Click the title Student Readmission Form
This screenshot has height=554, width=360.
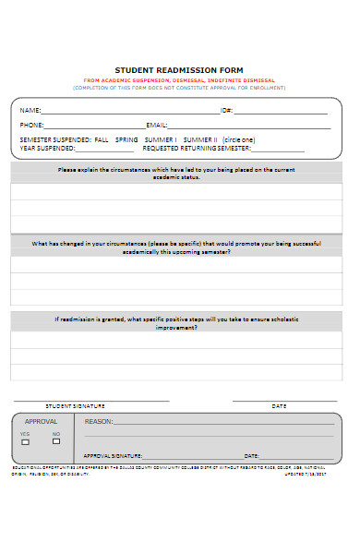tap(179, 69)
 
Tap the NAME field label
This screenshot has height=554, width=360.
tap(30, 110)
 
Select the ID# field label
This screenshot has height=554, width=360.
tap(226, 110)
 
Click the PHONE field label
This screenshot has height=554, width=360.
tap(32, 125)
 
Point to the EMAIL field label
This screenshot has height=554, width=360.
tap(157, 125)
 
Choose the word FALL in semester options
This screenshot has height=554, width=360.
tap(102, 139)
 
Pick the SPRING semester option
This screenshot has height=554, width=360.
tap(126, 139)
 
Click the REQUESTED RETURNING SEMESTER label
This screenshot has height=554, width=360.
tap(197, 148)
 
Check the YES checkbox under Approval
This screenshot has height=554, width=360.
tap(25, 441)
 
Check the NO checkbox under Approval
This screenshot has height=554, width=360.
tap(56, 441)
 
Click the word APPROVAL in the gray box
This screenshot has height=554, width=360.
tap(41, 420)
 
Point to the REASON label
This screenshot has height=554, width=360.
tap(98, 421)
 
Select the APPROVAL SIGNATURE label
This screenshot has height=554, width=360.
tap(113, 455)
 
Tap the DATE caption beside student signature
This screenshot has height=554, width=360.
tap(279, 405)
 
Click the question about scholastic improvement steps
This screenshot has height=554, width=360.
tap(179, 322)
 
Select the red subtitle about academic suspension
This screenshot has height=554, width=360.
tap(179, 80)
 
